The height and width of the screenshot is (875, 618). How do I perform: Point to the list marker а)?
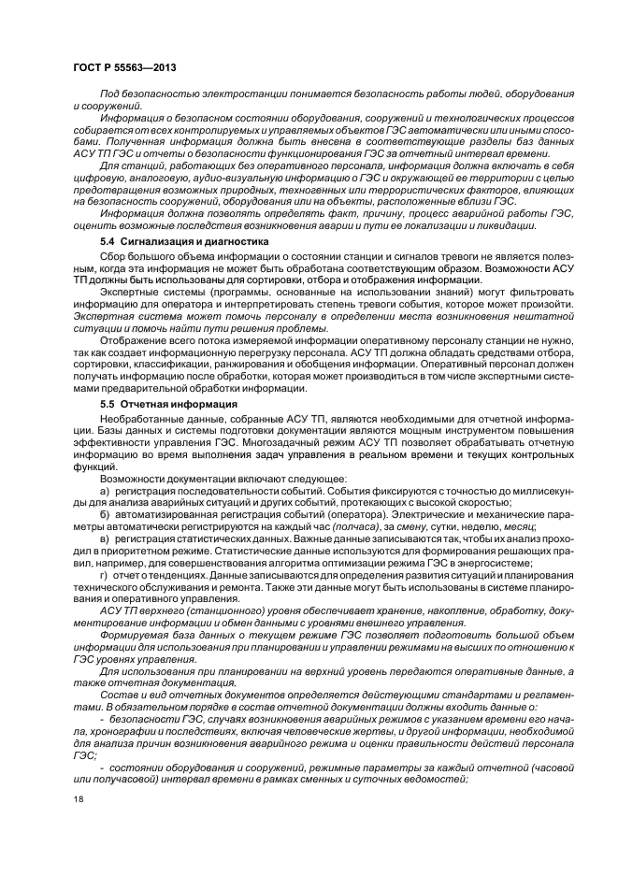[x=105, y=491]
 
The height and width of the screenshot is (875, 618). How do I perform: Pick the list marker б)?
[x=105, y=515]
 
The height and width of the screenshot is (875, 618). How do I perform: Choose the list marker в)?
[x=105, y=539]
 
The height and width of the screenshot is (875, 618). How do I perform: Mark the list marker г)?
[x=105, y=575]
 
